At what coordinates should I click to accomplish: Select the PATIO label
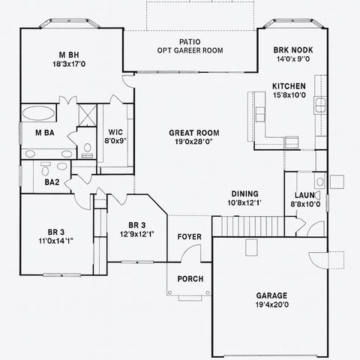[x=190, y=41]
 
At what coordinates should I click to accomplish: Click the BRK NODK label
[x=292, y=49]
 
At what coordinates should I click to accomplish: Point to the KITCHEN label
[x=289, y=85]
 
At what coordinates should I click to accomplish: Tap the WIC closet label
[x=115, y=130]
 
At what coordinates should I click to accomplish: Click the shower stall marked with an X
[x=87, y=115]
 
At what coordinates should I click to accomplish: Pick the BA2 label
[x=52, y=182]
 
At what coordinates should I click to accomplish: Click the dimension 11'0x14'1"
[x=55, y=241]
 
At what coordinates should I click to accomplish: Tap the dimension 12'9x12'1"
[x=136, y=233]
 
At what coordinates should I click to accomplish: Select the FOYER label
[x=189, y=237]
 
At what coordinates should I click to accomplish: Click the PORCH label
[x=189, y=278]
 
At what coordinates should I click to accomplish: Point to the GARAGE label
[x=271, y=295]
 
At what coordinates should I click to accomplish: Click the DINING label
[x=244, y=193]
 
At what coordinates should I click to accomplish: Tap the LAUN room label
[x=305, y=193]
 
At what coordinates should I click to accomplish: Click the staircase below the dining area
[x=247, y=224]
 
